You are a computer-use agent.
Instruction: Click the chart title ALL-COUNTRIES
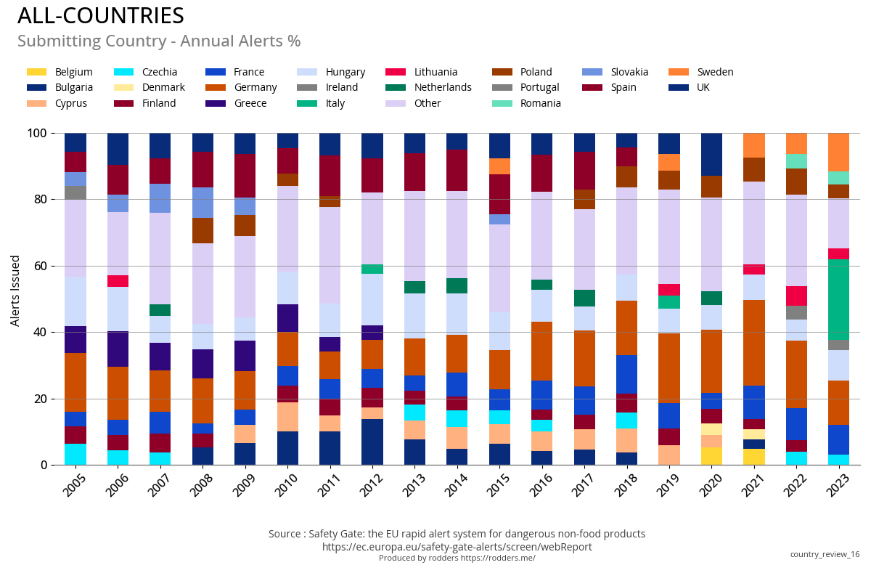(x=101, y=16)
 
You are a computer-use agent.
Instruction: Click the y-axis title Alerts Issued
(x=15, y=290)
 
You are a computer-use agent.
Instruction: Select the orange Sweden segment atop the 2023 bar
(x=838, y=152)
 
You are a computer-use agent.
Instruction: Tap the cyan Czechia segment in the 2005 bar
(x=75, y=454)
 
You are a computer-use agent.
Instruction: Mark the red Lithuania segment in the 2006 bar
(x=118, y=281)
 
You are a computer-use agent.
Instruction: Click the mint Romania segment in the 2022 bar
(x=796, y=161)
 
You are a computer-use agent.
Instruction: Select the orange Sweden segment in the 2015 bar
(x=499, y=166)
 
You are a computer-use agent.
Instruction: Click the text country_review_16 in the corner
(x=825, y=554)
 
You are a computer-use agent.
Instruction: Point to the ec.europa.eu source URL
(x=457, y=547)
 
